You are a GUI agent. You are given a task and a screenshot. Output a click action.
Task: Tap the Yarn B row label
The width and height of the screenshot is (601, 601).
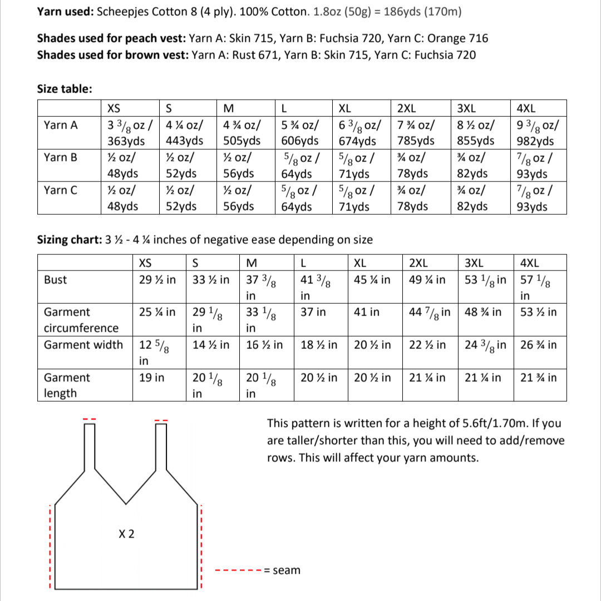(x=61, y=157)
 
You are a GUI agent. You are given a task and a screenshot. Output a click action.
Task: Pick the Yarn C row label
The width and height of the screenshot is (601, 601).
(x=61, y=190)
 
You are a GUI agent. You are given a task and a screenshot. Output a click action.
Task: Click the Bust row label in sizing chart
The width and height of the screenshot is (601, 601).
(x=55, y=280)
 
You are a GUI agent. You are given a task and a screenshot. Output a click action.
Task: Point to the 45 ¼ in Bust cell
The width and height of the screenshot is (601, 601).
(x=372, y=280)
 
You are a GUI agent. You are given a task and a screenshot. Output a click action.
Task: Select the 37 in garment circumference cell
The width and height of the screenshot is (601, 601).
(x=313, y=312)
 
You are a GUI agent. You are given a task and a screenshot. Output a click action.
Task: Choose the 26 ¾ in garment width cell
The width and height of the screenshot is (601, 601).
(x=538, y=344)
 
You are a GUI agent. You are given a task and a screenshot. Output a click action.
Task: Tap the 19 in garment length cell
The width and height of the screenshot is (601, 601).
(x=151, y=378)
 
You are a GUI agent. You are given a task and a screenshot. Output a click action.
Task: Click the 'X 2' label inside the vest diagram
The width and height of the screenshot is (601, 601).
(x=127, y=534)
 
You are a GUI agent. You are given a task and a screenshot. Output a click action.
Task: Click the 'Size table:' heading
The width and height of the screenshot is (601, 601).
(x=65, y=89)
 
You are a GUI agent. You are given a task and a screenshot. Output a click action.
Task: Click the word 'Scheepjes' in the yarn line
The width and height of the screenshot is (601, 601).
(x=121, y=12)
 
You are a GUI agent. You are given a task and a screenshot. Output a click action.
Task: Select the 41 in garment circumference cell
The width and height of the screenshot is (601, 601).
(x=367, y=312)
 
